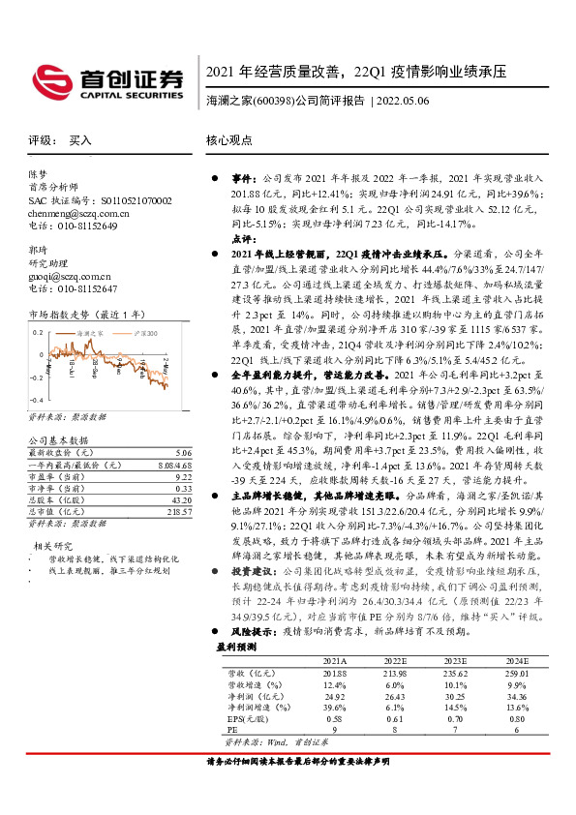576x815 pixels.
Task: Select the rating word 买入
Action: point(80,140)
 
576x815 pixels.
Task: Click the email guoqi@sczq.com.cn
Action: point(65,276)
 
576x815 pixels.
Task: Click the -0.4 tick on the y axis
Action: point(36,399)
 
